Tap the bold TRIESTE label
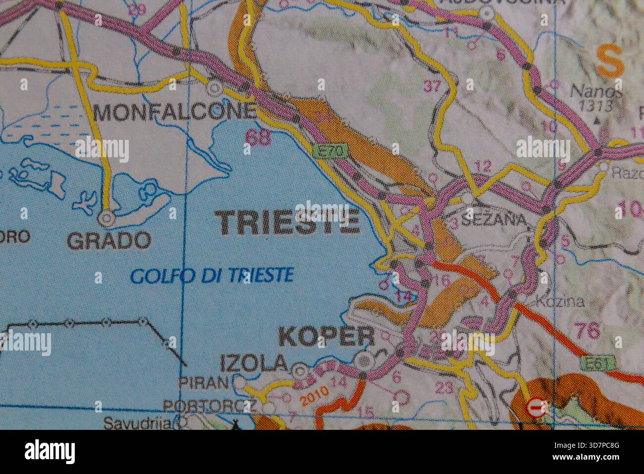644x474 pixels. coord(289,222)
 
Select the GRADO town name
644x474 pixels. coord(108,241)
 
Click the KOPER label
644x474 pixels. coord(327,338)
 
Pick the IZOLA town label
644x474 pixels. coord(253,363)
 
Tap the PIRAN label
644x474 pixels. coord(203,382)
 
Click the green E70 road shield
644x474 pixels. coord(330,151)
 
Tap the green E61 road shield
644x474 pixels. coord(598,363)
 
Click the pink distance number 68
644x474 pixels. coord(258,137)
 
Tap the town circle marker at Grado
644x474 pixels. coord(106,217)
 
